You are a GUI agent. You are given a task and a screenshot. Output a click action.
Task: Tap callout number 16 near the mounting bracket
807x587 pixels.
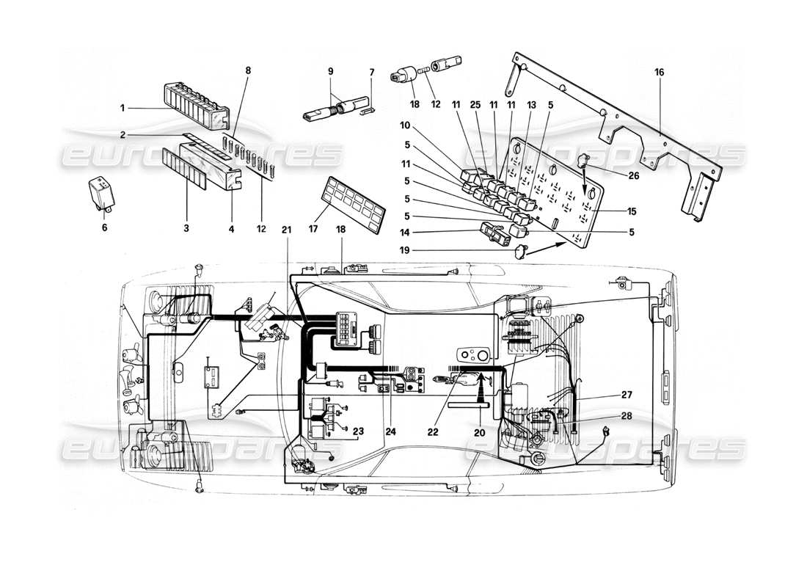click(660, 73)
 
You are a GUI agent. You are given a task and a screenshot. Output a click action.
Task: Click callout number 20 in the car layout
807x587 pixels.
click(481, 433)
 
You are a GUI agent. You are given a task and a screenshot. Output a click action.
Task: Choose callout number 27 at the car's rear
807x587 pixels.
click(626, 395)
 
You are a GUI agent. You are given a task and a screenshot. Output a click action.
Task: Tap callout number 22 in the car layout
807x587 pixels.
click(433, 432)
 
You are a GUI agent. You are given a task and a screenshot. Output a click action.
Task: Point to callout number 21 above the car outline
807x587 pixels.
click(287, 229)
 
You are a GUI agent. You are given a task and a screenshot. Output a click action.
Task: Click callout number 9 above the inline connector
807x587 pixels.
click(330, 71)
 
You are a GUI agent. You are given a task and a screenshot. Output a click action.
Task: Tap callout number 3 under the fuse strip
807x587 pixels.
click(187, 228)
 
